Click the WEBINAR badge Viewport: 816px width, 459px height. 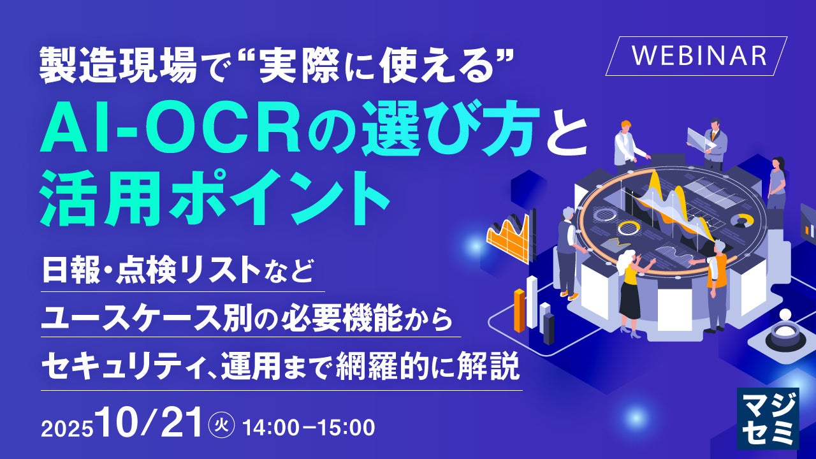pos(697,56)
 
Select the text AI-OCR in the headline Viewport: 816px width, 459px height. pos(170,135)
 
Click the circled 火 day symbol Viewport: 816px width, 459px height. pos(221,425)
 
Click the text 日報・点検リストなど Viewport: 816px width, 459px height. pos(178,271)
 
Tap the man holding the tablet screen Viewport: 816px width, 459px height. pos(711,143)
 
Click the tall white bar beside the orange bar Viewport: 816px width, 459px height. pos(532,302)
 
